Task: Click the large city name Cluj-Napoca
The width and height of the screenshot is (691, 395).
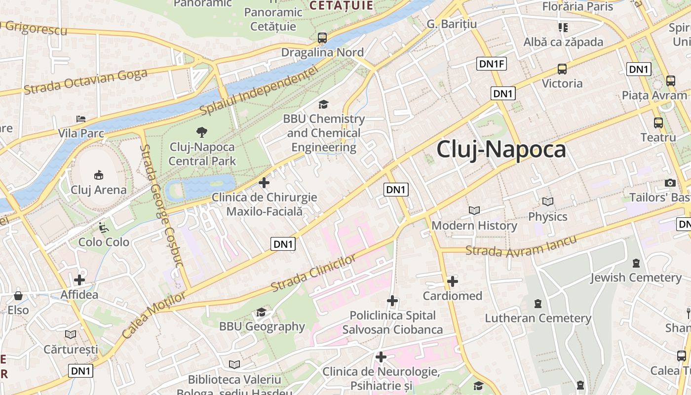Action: pyautogui.click(x=501, y=150)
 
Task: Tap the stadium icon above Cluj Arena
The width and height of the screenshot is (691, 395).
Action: pyautogui.click(x=99, y=175)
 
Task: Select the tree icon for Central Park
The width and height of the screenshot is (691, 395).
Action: pyautogui.click(x=202, y=132)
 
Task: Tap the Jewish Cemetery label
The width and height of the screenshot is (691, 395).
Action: pyautogui.click(x=636, y=277)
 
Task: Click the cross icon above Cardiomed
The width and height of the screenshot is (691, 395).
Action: pyautogui.click(x=452, y=281)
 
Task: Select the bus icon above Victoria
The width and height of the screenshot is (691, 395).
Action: pyautogui.click(x=562, y=69)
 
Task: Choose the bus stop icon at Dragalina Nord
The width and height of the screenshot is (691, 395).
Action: pyautogui.click(x=322, y=38)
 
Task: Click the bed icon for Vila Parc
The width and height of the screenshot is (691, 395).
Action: pyautogui.click(x=81, y=119)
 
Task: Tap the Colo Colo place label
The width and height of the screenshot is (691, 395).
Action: pyautogui.click(x=104, y=242)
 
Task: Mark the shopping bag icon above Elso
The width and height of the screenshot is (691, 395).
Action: pyautogui.click(x=18, y=296)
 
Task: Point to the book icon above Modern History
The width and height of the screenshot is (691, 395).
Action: pyautogui.click(x=474, y=211)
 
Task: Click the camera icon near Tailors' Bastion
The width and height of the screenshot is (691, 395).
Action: pyautogui.click(x=670, y=183)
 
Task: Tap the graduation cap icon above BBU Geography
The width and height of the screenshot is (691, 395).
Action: pyautogui.click(x=261, y=312)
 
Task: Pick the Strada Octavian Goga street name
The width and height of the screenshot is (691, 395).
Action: pyautogui.click(x=85, y=82)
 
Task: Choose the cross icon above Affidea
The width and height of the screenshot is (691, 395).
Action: pyautogui.click(x=79, y=280)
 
